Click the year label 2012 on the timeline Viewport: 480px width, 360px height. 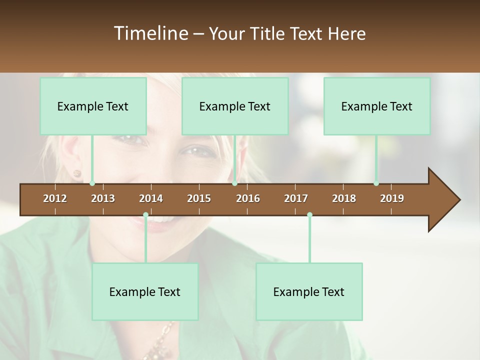pyautogui.click(x=55, y=198)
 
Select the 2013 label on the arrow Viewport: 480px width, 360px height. pyautogui.click(x=103, y=198)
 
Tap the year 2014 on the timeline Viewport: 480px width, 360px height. pyautogui.click(x=151, y=198)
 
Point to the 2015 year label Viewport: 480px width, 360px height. pyautogui.click(x=199, y=198)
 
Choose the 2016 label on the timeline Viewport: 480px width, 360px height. pyautogui.click(x=248, y=198)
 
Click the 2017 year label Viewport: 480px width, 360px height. pyautogui.click(x=296, y=198)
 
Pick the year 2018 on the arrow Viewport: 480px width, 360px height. pyautogui.click(x=344, y=198)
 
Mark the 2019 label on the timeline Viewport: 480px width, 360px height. pyautogui.click(x=392, y=198)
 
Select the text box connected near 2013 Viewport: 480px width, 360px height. pyautogui.click(x=93, y=106)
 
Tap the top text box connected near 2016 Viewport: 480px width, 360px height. pyautogui.click(x=235, y=106)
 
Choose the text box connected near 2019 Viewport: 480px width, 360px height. pyautogui.click(x=377, y=106)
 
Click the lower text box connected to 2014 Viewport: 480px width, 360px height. pyautogui.click(x=145, y=291)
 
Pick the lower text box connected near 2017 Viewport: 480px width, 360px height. pyautogui.click(x=309, y=291)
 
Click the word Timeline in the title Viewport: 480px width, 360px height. pyautogui.click(x=150, y=33)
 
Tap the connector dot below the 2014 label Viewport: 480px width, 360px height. pyautogui.click(x=145, y=215)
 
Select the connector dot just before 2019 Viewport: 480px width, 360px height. pyautogui.click(x=376, y=183)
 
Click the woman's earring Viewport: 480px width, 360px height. pyautogui.click(x=77, y=173)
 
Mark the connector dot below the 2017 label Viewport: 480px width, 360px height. pyautogui.click(x=309, y=215)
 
